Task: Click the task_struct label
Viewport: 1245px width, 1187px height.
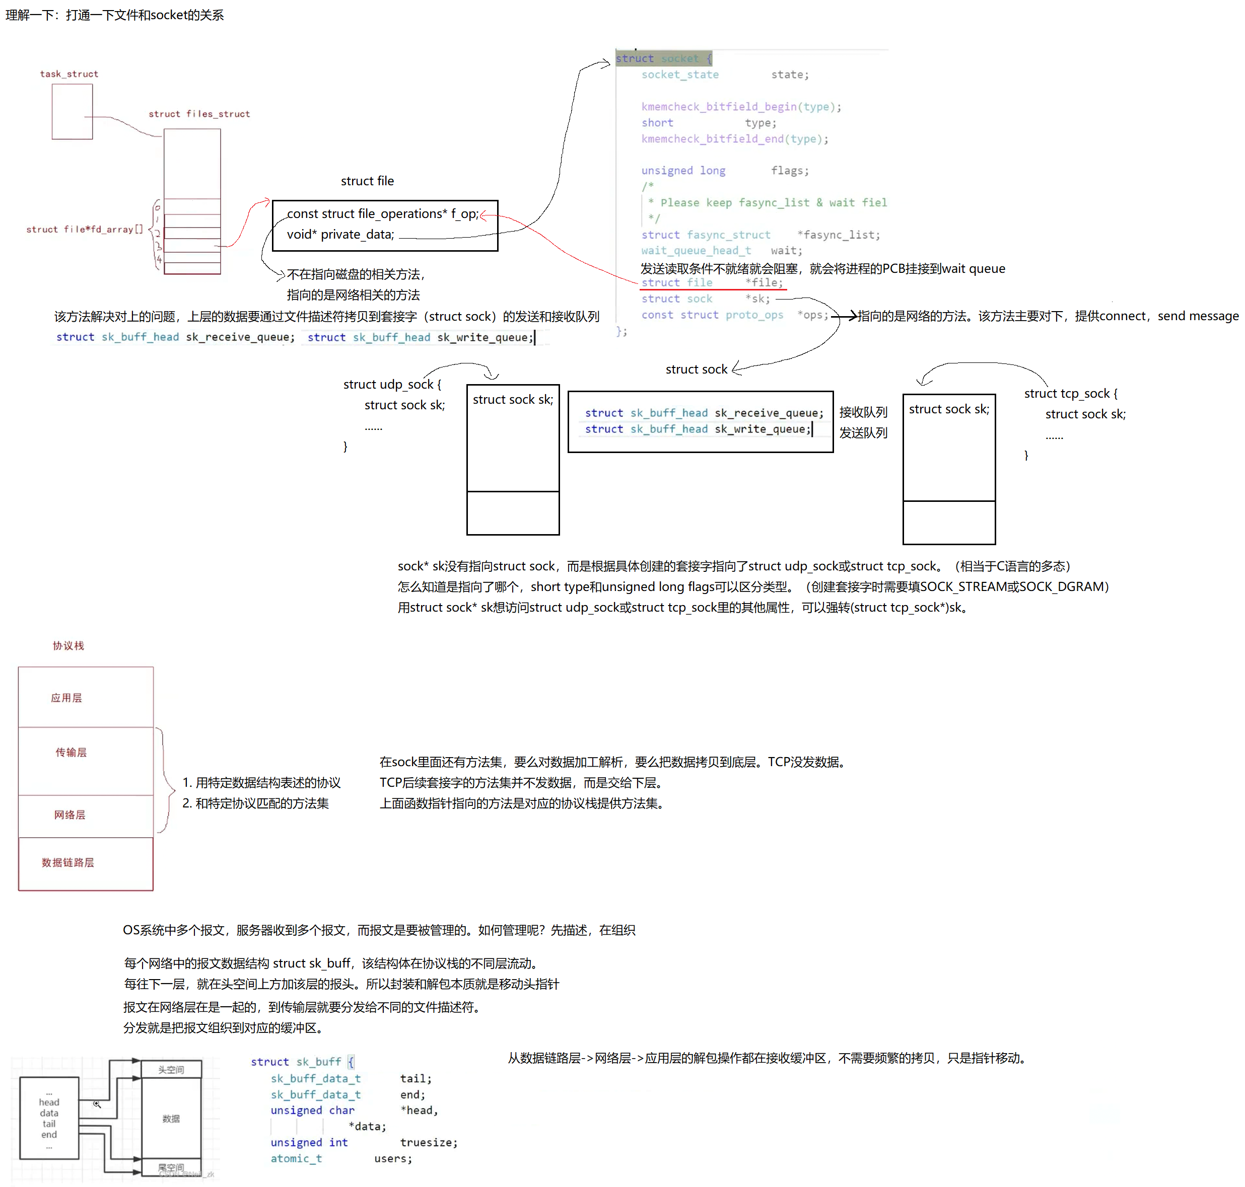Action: tap(69, 74)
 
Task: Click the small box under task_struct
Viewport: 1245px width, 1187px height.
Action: tap(72, 111)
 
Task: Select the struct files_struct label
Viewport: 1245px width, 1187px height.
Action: tap(199, 114)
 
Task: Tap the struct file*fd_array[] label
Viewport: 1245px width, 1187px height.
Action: tap(84, 229)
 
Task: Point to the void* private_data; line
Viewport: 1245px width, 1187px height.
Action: tap(340, 235)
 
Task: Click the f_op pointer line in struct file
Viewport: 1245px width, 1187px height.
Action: tap(382, 214)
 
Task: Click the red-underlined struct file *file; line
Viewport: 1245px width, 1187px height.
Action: tap(712, 283)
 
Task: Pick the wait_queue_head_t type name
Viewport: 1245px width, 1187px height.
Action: tap(696, 251)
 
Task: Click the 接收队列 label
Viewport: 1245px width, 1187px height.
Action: tap(863, 413)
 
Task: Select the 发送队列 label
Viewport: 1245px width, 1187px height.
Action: tap(863, 433)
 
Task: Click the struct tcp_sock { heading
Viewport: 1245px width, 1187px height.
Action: tap(1070, 394)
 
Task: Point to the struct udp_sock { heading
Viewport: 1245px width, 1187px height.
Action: tap(392, 385)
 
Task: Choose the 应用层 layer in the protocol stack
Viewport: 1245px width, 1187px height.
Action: tap(66, 698)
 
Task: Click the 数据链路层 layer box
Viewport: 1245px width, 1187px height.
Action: tap(67, 863)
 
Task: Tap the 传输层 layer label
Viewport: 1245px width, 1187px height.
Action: tap(71, 752)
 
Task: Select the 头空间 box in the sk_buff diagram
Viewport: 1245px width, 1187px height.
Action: tap(171, 1069)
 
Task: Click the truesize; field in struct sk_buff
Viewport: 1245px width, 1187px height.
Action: tap(428, 1143)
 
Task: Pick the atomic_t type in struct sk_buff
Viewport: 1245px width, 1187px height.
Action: tap(296, 1158)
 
